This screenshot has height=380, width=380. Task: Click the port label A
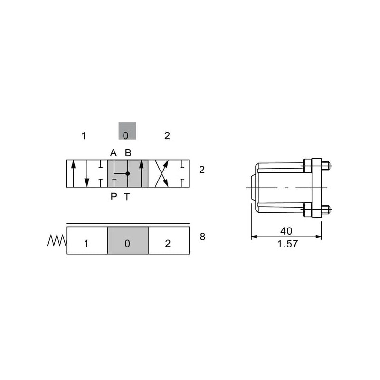pos(114,153)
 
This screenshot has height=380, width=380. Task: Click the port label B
pos(128,153)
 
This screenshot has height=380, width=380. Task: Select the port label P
pos(114,197)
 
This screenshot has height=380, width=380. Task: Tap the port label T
pos(127,197)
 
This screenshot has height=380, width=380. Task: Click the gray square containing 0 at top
pos(127,131)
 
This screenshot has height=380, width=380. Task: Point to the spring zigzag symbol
pos(57,240)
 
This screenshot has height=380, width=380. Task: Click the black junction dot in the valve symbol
pos(128,173)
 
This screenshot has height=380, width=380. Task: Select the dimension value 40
pos(286,231)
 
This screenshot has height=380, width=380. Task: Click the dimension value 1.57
pos(287,244)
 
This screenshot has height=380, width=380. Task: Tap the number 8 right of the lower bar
pos(202,237)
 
